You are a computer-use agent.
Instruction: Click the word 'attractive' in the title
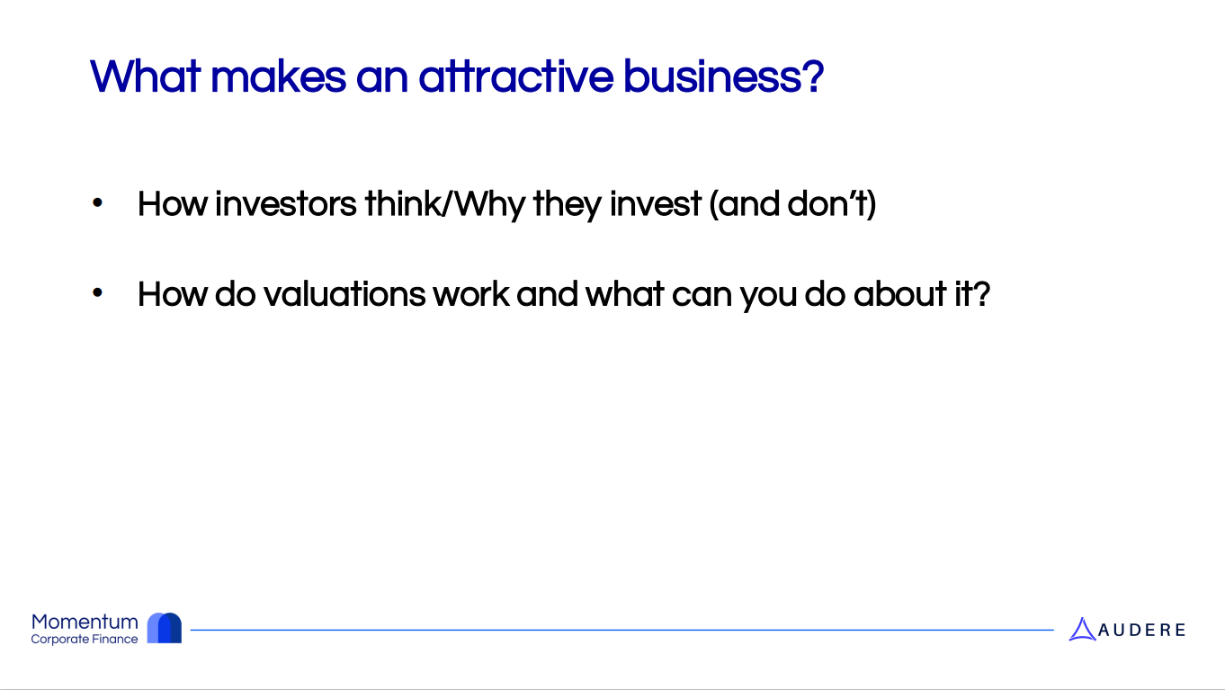515,76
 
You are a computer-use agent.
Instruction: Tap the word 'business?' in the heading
723,76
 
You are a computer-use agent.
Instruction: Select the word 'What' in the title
146,76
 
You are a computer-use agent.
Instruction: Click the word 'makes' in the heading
278,76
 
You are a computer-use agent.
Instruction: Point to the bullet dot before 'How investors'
97,203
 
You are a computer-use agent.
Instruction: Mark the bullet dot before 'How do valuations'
97,293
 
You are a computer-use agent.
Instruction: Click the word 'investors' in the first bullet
285,204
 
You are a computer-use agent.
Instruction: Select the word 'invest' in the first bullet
655,204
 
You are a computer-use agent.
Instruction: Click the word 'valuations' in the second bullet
344,294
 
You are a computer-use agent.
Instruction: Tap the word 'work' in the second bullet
471,294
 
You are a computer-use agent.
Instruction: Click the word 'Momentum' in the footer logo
85,623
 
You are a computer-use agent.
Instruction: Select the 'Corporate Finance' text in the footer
85,639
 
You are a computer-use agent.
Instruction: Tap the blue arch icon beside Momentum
165,628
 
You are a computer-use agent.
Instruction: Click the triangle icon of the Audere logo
1082,629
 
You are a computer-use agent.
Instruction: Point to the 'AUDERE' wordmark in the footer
1141,631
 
